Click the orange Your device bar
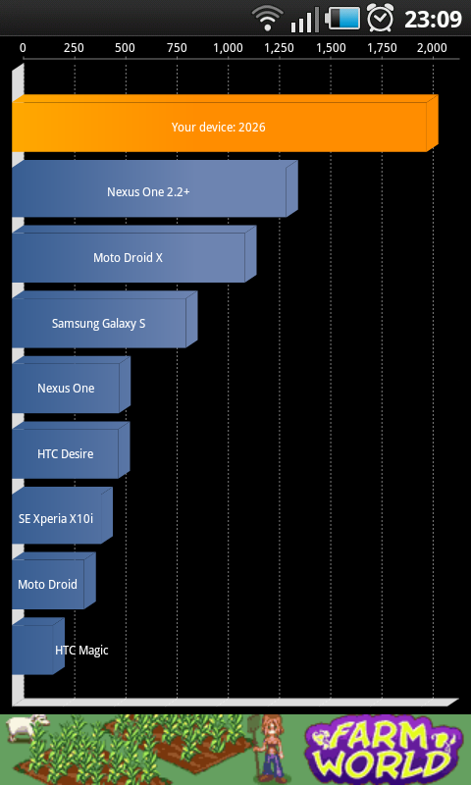pos(226,124)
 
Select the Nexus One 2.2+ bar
pos(155,188)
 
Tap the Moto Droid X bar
pos(134,254)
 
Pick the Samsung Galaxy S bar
pos(105,320)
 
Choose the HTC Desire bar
pos(71,450)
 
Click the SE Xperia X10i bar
pos(62,515)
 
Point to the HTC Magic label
pos(81,651)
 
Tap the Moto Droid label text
pos(47,584)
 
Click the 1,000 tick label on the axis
pos(229,48)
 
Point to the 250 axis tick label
pos(74,48)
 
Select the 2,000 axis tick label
pos(432,48)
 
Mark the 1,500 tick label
pos(331,48)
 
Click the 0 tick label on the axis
pos(23,48)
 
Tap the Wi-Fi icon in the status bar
pos(267,18)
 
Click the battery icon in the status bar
pos(342,19)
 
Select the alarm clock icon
pos(381,18)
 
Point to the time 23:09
pos(433,19)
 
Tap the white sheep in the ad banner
pos(27,729)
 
